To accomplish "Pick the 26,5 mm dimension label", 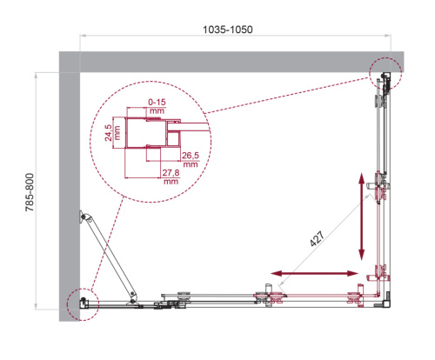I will [191, 161].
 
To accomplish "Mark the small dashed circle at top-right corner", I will [383, 74].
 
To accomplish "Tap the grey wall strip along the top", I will [226, 61].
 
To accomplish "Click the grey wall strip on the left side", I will [68, 191].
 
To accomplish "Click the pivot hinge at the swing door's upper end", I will [84, 217].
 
